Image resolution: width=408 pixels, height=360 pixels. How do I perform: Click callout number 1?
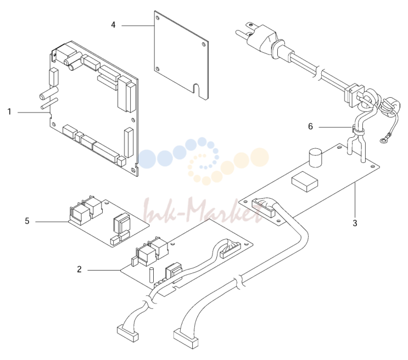[9, 112]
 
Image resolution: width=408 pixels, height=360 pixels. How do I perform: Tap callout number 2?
[80, 269]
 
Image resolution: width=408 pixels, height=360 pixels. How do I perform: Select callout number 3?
[355, 223]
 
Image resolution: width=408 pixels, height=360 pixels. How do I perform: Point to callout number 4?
[113, 25]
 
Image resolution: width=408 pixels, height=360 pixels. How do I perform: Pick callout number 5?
[27, 221]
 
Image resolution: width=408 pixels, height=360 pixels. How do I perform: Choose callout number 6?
[310, 126]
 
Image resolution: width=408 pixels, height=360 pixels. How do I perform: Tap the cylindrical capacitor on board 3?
[315, 157]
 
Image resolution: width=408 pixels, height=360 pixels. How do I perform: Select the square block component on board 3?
[305, 181]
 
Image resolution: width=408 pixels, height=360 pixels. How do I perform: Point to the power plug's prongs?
[244, 30]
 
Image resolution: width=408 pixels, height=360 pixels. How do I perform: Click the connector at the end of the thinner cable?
[127, 333]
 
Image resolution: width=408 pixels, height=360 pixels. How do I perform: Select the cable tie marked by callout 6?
[357, 130]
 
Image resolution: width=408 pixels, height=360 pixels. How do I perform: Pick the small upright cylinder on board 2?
[151, 275]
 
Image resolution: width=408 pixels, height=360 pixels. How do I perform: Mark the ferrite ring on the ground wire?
[389, 107]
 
